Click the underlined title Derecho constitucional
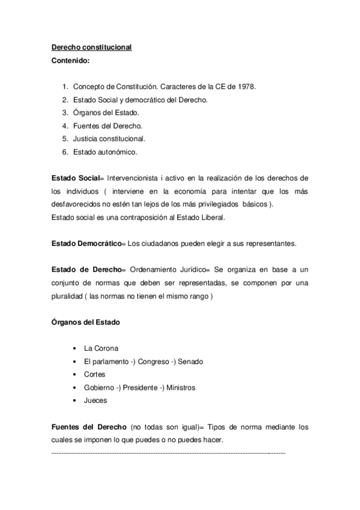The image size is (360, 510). (91, 47)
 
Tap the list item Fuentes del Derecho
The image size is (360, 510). (108, 126)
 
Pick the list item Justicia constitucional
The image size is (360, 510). (109, 138)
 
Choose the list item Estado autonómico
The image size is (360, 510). (105, 152)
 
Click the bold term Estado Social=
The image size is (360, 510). (78, 178)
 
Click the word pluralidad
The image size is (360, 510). (66, 295)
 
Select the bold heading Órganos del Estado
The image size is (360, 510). (85, 322)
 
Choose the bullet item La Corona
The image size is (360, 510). (102, 348)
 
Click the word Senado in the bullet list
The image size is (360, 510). (190, 361)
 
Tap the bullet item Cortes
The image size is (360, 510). (95, 374)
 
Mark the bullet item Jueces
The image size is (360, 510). (96, 401)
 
